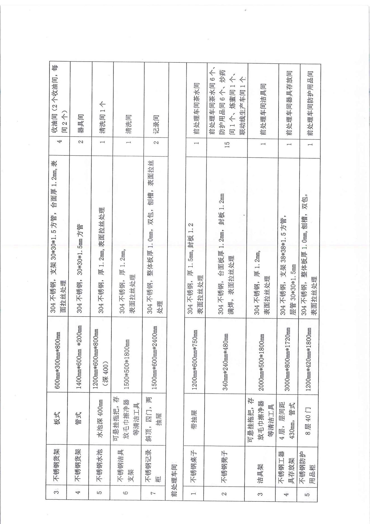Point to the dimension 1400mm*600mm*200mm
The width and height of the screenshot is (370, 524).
tap(79, 357)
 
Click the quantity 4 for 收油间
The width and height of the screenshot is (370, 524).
tap(59, 141)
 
